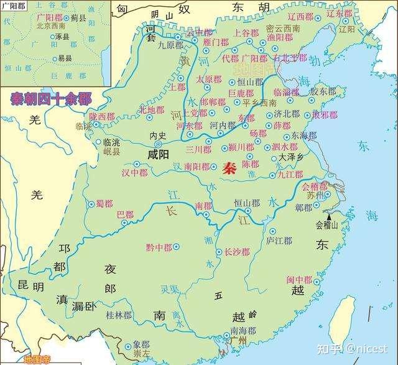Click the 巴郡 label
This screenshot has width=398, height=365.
pos(124,215)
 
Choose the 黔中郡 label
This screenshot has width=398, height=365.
pos(159,247)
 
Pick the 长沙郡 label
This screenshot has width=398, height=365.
pos(237,252)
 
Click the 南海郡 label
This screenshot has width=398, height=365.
pos(242,330)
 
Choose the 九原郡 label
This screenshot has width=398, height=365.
pos(171,45)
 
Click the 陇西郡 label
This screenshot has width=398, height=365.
pos(101,116)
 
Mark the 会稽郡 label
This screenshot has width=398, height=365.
pos(313,186)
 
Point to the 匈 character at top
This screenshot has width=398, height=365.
pos(123,10)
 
